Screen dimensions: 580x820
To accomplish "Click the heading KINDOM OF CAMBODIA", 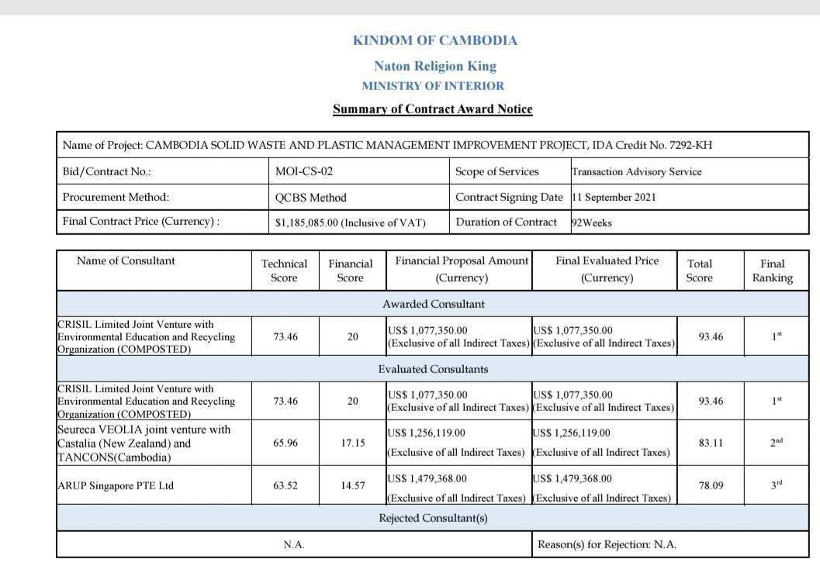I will tap(434, 40).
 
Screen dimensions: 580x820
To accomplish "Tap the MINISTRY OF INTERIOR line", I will tap(433, 86).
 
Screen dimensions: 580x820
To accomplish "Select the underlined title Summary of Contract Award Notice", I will tap(433, 109).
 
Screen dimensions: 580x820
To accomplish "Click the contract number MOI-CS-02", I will tap(304, 171).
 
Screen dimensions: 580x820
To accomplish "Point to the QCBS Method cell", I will tap(311, 197).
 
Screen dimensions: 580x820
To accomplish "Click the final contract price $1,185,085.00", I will tap(351, 223).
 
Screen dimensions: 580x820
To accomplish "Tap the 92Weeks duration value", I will tap(592, 223).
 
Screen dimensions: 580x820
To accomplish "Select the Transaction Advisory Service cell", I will tap(636, 171).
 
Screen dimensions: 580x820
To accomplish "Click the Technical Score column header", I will tap(284, 270).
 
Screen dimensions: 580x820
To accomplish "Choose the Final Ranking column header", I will tap(772, 270).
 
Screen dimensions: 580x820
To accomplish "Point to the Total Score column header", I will tap(699, 270).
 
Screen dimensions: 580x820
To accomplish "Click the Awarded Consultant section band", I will tap(433, 304).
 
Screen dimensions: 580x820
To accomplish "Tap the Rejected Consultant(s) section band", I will tap(433, 518).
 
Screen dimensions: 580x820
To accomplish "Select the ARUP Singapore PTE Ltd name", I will tap(116, 486).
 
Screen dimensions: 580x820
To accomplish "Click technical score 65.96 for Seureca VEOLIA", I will tap(285, 444).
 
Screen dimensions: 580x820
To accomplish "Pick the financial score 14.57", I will tap(352, 486).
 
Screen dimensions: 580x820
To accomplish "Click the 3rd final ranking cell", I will tap(776, 485).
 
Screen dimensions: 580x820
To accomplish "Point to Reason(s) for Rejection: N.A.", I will tap(607, 544).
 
